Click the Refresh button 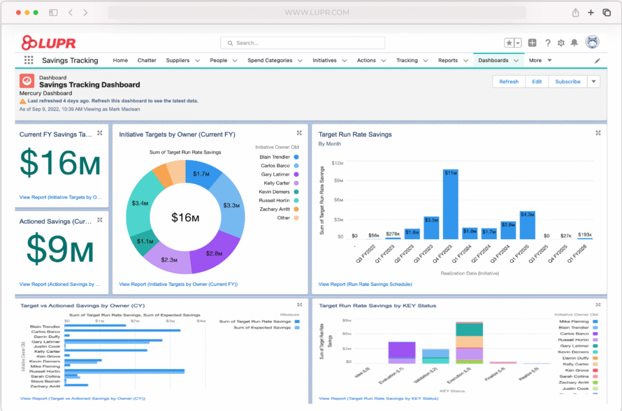click(508, 81)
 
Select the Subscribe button click(567, 81)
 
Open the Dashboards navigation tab click(493, 60)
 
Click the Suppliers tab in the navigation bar click(177, 60)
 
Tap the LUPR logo click(49, 42)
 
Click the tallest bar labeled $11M click(451, 204)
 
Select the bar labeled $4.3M click(527, 225)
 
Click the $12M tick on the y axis click(338, 163)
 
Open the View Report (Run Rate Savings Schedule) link click(364, 284)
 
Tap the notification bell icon click(574, 43)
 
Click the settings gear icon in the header click(561, 43)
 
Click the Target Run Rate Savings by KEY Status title click(377, 305)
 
